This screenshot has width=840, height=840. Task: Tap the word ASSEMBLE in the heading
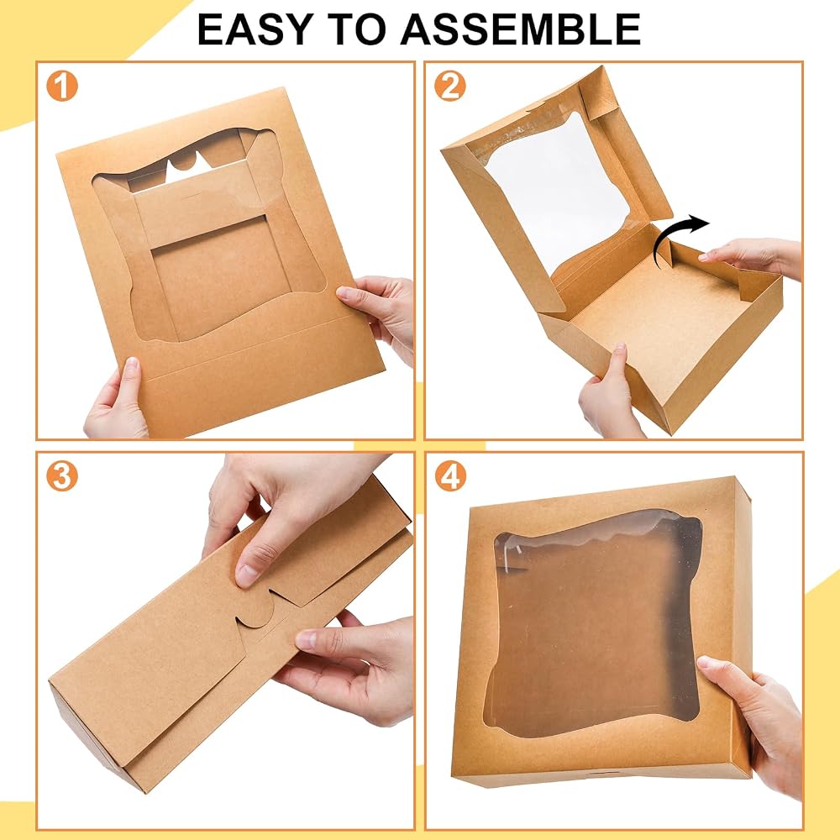coord(520,29)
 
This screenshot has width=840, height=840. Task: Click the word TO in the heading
coord(356,29)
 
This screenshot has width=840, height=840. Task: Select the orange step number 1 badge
coord(62,86)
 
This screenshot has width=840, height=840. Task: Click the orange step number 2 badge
coord(450,86)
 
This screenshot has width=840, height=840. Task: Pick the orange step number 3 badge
coord(62,475)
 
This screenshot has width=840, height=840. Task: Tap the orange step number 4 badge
coord(450,475)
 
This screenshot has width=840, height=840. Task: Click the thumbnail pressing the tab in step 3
coord(247,575)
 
